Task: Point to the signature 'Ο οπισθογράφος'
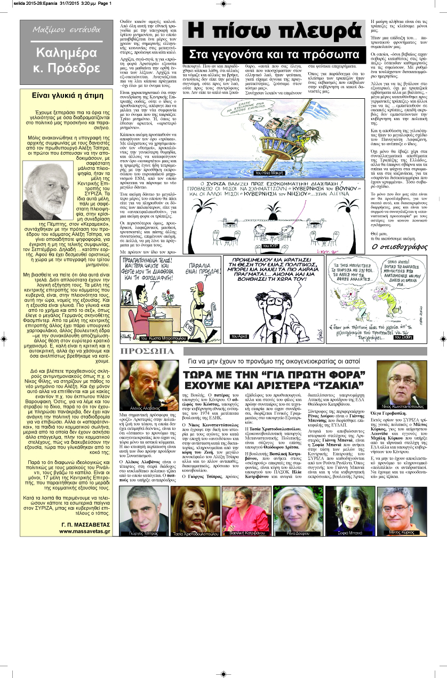(396, 248)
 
